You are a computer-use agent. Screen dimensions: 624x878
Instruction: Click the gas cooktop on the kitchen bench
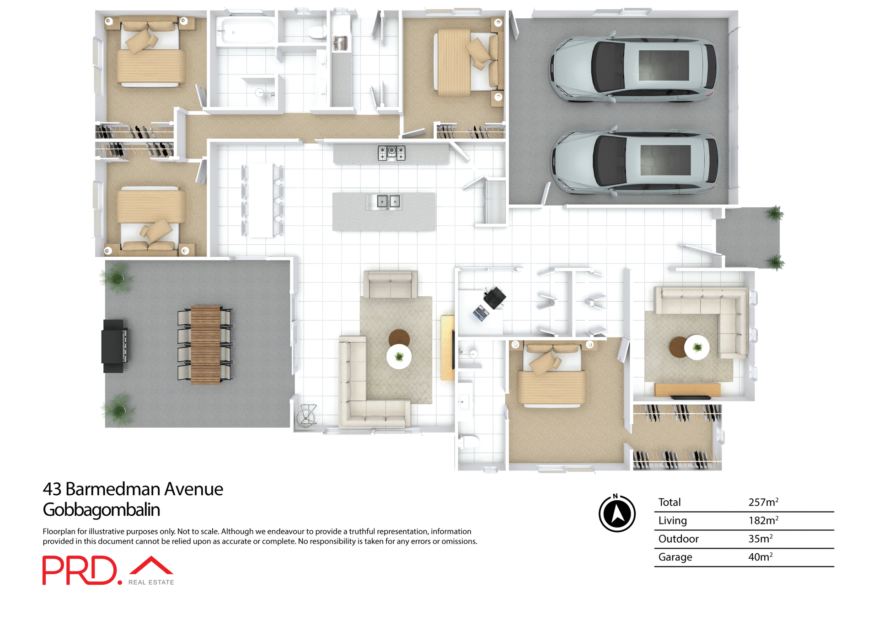tap(391, 153)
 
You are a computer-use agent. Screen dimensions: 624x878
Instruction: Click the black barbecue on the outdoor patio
tap(114, 346)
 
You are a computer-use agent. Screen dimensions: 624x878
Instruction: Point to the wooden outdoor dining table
tap(205, 345)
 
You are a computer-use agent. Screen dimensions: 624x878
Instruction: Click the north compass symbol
tap(617, 513)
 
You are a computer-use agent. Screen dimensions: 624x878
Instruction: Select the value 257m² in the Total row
tap(763, 502)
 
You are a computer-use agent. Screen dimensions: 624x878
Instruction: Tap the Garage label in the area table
tap(675, 557)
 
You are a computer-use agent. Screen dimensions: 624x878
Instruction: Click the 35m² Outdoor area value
tap(760, 539)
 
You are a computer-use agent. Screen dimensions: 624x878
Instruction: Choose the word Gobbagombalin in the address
tap(101, 510)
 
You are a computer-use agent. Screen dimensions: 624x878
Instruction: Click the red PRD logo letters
tap(80, 570)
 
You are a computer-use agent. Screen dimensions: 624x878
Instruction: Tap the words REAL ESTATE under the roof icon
tap(151, 582)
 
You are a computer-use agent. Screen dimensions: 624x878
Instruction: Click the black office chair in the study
tap(494, 297)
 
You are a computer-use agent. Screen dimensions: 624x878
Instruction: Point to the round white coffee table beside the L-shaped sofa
tap(399, 356)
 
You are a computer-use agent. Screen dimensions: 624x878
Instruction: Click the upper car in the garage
tap(633, 69)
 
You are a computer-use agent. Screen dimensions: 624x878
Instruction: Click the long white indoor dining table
tap(262, 200)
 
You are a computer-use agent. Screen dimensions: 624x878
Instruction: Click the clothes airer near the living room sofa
tap(306, 415)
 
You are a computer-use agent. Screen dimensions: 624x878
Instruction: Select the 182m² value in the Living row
tap(763, 521)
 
